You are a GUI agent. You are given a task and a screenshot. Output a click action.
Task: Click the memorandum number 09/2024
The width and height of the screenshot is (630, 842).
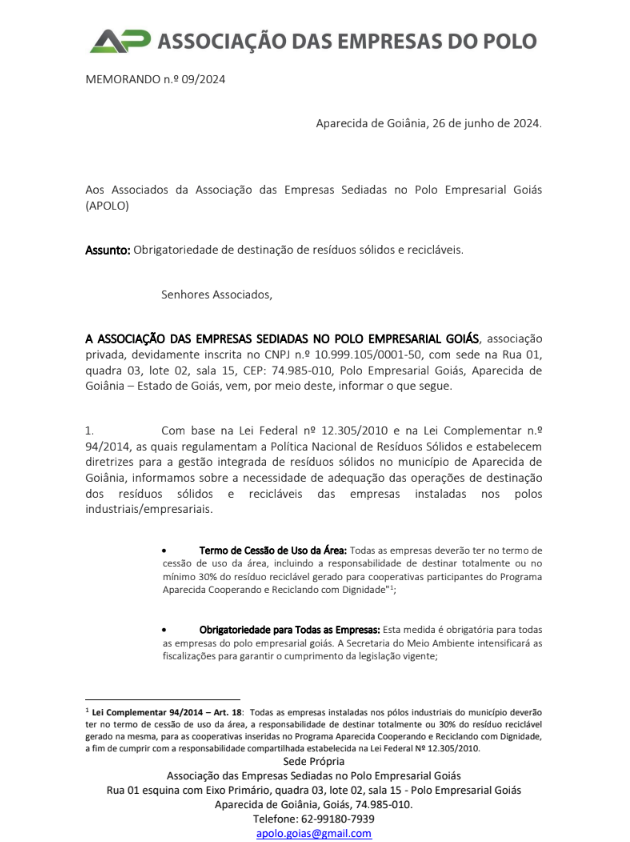(204, 79)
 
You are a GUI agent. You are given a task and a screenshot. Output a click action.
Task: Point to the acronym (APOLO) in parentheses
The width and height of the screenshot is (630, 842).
(107, 205)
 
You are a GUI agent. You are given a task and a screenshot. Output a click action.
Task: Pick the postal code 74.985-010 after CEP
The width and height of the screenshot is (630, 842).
(300, 370)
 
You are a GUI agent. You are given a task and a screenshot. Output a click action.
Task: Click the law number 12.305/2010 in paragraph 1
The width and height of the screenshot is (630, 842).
(316, 429)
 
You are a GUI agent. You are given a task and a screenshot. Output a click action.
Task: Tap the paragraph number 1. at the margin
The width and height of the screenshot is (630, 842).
(90, 429)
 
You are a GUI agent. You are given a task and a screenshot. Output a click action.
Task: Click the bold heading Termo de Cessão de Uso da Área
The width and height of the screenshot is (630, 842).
(273, 551)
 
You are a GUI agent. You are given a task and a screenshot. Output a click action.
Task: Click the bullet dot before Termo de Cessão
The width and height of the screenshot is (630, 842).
(165, 551)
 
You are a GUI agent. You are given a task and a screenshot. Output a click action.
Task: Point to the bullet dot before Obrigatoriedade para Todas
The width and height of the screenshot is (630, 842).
(165, 630)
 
